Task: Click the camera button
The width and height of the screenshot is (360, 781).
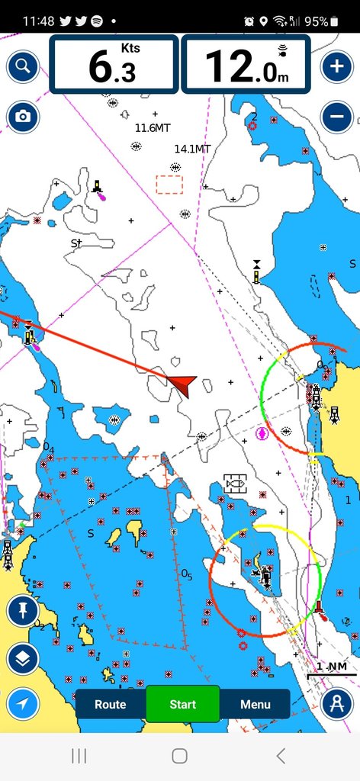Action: point(23,117)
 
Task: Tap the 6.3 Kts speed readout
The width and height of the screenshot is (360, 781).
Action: point(114,66)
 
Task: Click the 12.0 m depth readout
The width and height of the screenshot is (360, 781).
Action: point(246,66)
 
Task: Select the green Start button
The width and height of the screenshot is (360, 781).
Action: point(182,705)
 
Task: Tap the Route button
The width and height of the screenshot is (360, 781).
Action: point(111,705)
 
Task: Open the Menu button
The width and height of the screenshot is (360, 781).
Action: point(255,705)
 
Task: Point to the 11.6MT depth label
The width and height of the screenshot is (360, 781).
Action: point(153,128)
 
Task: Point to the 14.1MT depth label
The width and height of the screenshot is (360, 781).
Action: point(192,149)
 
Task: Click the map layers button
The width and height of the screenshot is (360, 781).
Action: point(23,659)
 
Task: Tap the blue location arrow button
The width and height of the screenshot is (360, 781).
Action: point(23,705)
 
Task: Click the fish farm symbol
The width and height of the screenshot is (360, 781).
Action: point(235,483)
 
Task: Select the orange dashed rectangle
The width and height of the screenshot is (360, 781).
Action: point(169,185)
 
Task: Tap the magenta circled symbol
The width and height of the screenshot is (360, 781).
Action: point(262,433)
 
